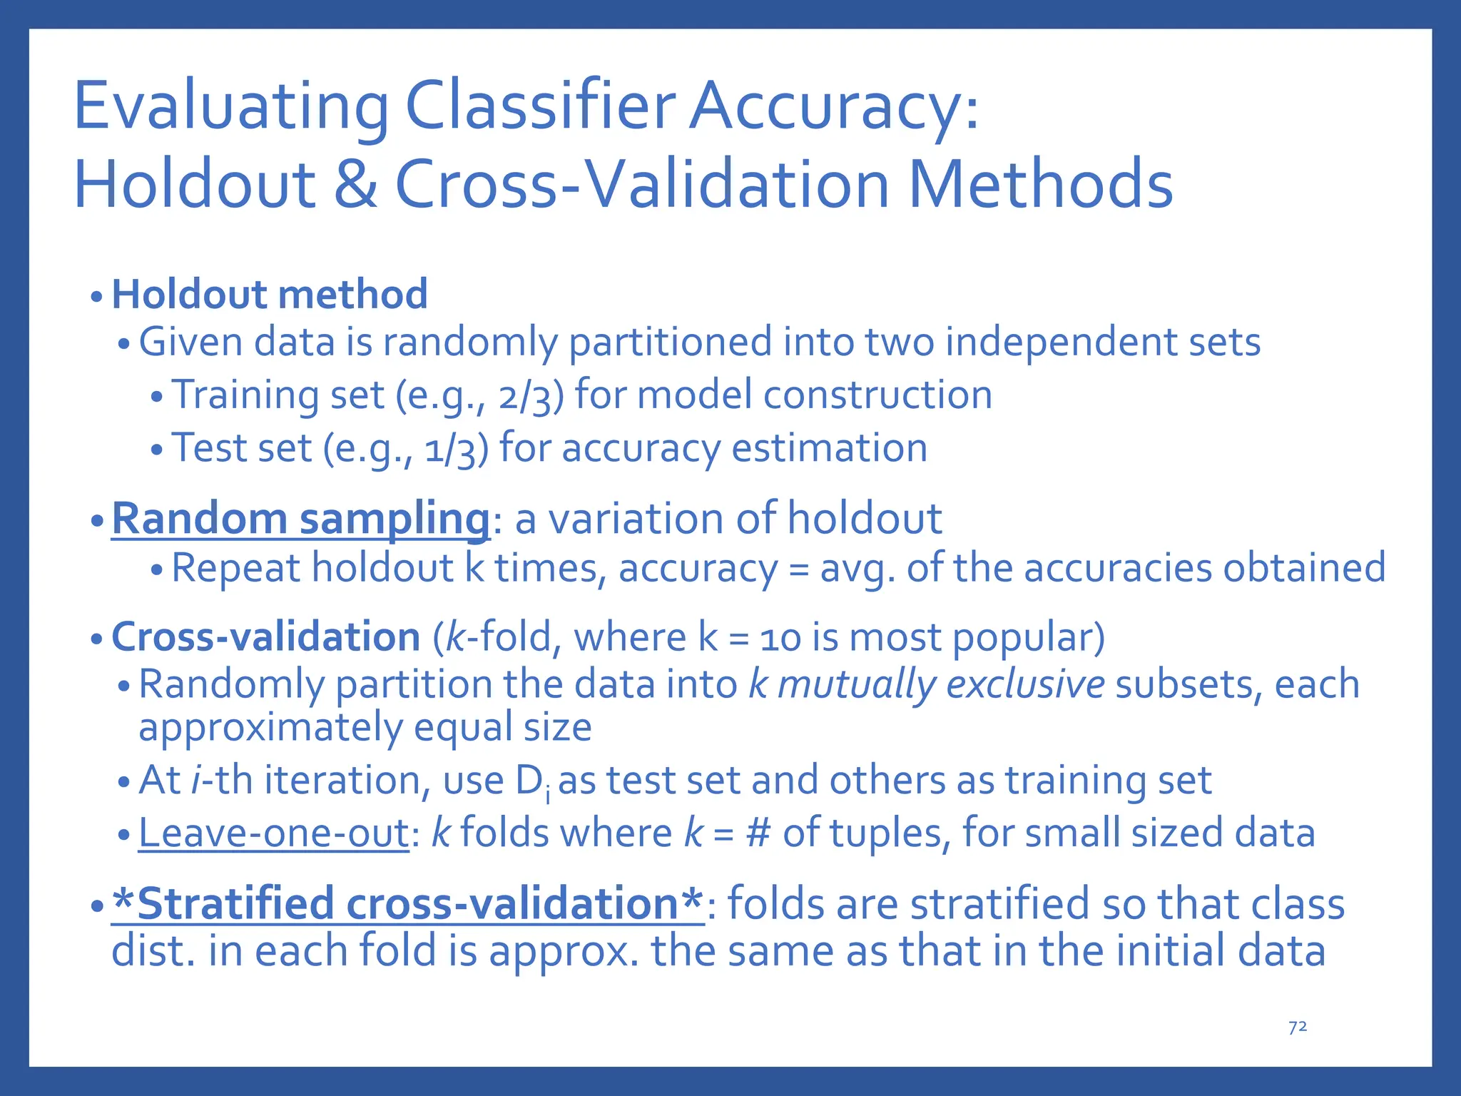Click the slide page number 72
coord(1298,1027)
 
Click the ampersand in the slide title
coord(355,184)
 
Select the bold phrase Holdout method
coord(270,294)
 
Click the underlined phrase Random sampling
coord(300,518)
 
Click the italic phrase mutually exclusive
coord(940,684)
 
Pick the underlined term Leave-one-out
coord(273,833)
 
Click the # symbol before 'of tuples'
coord(758,833)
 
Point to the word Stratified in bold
coord(235,903)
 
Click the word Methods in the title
coord(1039,184)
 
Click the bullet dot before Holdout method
coord(97,296)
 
